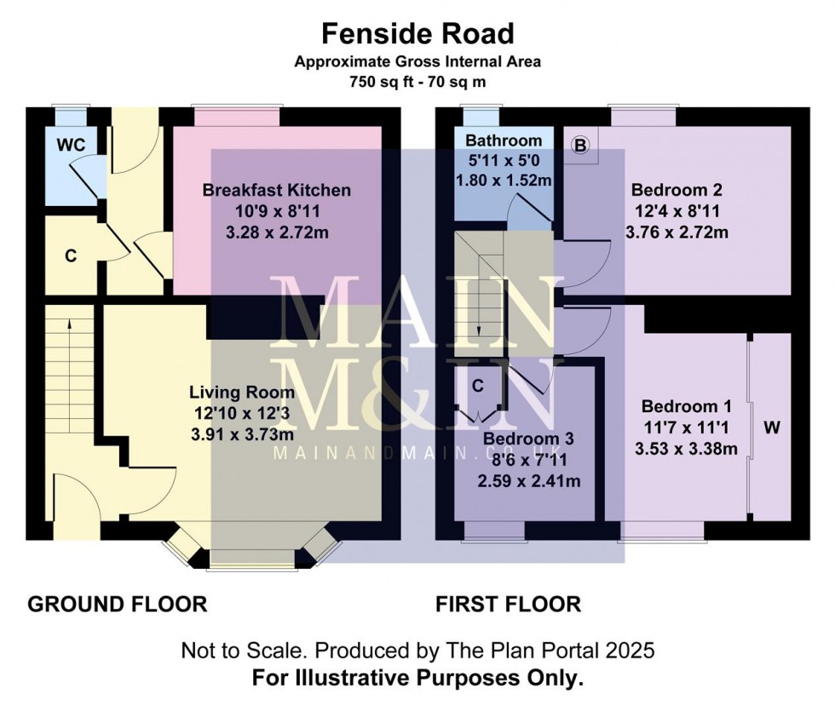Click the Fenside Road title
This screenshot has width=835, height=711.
(417, 33)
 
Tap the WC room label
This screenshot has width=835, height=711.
(72, 145)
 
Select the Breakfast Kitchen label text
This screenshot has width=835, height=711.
(276, 189)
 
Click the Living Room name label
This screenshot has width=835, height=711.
(242, 393)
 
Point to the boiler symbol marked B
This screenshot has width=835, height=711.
(581, 146)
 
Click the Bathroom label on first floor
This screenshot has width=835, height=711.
(504, 140)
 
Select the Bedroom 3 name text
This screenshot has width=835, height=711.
(528, 439)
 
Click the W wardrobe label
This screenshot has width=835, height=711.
(771, 428)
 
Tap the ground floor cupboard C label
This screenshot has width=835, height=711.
(72, 254)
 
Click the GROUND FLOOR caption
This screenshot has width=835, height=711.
(118, 605)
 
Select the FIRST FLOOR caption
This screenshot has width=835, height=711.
(509, 605)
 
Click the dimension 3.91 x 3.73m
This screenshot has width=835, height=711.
(242, 432)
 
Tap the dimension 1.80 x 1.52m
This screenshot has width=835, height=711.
(504, 180)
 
